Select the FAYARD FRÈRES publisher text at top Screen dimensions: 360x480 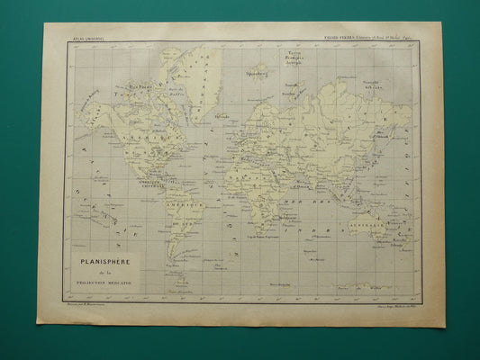click(371, 37)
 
